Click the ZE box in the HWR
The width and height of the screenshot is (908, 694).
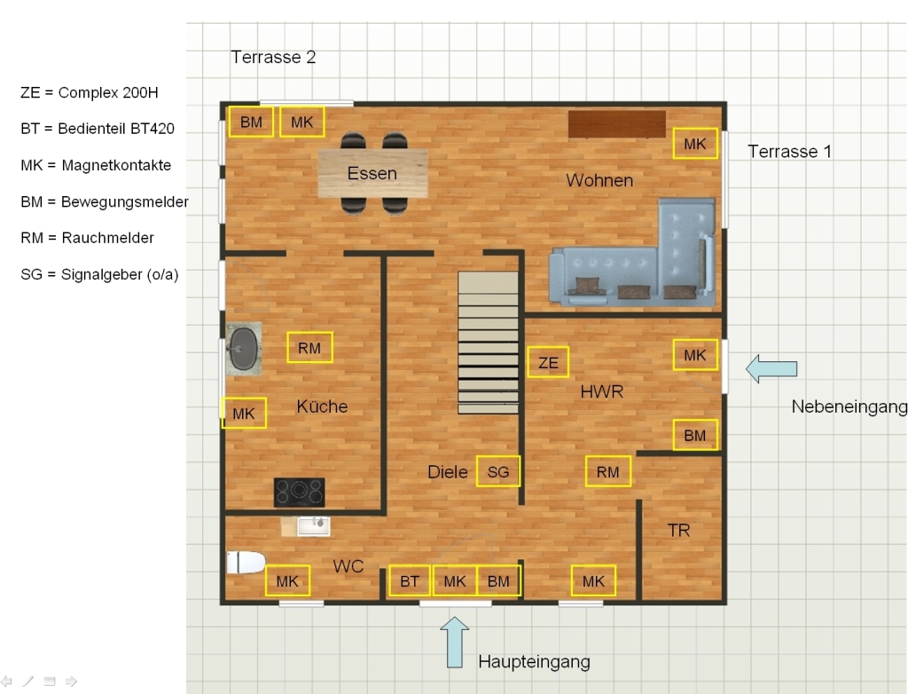tap(548, 362)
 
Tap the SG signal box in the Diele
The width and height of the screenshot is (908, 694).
tap(498, 470)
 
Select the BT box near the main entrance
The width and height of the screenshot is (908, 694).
tap(410, 580)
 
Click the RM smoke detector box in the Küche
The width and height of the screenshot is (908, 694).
tap(309, 347)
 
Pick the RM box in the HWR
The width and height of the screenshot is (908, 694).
tap(608, 471)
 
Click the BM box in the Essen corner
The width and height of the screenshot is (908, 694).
tap(251, 122)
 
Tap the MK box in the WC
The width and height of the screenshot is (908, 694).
tap(288, 580)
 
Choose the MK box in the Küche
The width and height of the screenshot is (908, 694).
tap(244, 413)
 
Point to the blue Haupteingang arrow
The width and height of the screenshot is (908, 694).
tap(455, 642)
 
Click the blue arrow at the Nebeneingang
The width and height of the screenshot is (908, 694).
tap(771, 368)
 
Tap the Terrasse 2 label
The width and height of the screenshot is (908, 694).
tap(273, 57)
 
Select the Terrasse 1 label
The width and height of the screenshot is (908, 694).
tap(789, 152)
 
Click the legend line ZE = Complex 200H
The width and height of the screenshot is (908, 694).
tap(90, 93)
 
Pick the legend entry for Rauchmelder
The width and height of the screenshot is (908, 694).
tap(88, 238)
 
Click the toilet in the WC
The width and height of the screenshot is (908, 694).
tap(246, 562)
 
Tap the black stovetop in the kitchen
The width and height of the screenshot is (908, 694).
tap(299, 492)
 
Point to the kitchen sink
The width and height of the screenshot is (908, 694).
tap(243, 349)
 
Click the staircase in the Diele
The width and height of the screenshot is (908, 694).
tap(489, 343)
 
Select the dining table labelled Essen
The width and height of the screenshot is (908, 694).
tap(373, 173)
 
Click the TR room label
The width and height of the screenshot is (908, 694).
tap(678, 530)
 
